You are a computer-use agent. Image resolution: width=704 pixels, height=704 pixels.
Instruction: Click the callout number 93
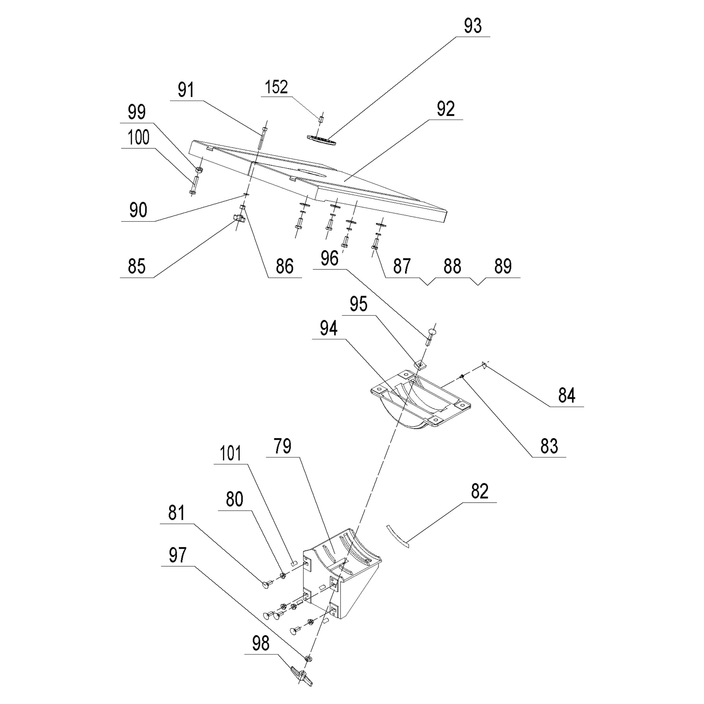(473, 26)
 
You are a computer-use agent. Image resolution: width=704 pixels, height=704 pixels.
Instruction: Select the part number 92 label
(446, 109)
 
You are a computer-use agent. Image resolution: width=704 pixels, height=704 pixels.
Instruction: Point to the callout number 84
(566, 395)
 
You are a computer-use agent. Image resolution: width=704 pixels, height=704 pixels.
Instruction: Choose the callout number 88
(452, 266)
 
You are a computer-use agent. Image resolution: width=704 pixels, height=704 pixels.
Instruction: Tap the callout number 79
(283, 446)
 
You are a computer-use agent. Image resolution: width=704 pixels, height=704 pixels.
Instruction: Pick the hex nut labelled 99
(199, 169)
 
